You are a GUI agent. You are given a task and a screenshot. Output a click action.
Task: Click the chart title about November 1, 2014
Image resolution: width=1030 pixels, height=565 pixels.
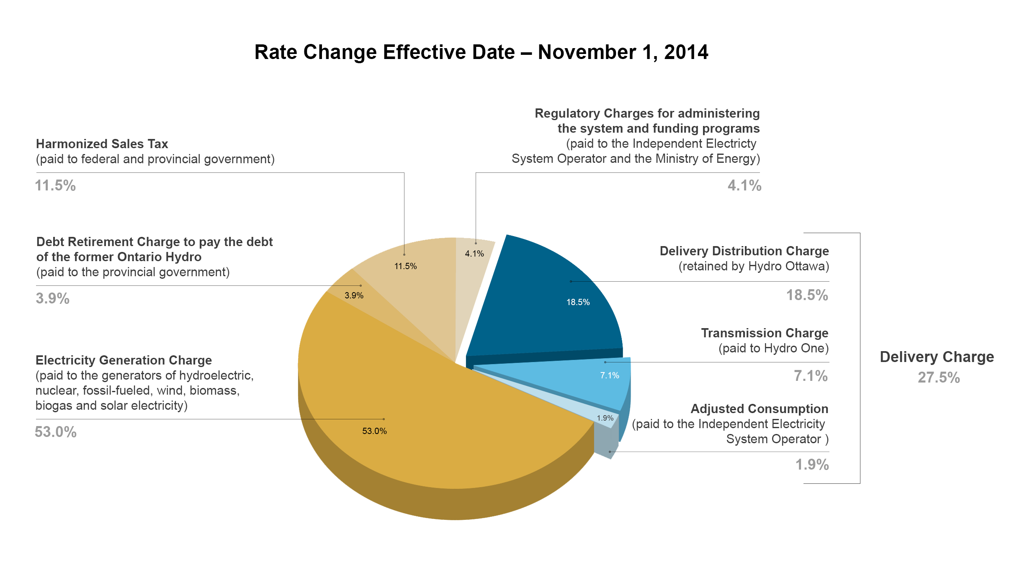(481, 52)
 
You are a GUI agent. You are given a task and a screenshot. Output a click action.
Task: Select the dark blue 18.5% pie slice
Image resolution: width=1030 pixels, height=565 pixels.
(548, 306)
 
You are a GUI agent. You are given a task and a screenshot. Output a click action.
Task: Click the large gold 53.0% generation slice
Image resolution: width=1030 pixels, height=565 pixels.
(419, 419)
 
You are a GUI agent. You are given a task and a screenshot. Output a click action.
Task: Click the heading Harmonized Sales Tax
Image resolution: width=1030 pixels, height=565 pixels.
(102, 144)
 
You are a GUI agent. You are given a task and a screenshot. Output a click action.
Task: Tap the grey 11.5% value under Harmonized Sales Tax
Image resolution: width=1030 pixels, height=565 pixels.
(55, 185)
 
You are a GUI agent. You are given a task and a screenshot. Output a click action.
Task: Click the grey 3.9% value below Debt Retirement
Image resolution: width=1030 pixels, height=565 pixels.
(52, 298)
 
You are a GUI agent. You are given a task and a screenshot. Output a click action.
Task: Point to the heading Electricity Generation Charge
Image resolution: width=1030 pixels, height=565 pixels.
(124, 360)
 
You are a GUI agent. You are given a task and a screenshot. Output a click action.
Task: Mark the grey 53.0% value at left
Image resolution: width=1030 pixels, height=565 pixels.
(56, 432)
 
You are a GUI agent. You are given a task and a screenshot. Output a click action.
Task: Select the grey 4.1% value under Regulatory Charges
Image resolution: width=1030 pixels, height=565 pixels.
(744, 185)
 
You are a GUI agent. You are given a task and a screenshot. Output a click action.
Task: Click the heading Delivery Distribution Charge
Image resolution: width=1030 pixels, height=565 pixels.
(744, 251)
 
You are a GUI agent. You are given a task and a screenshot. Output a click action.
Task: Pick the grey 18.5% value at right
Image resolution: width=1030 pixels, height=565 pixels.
(807, 295)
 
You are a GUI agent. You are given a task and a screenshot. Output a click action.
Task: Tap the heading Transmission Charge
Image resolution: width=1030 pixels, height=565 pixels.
(765, 333)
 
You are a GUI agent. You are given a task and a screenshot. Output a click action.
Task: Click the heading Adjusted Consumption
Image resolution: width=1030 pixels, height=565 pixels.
(759, 409)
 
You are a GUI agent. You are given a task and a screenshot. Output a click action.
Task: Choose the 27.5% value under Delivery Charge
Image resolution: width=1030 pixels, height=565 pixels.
(939, 378)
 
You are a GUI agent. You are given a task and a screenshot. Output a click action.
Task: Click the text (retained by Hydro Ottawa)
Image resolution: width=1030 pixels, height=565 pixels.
(754, 266)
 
